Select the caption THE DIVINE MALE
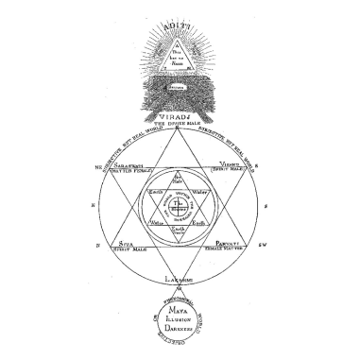click(180, 122)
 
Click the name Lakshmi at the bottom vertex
click(180, 281)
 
